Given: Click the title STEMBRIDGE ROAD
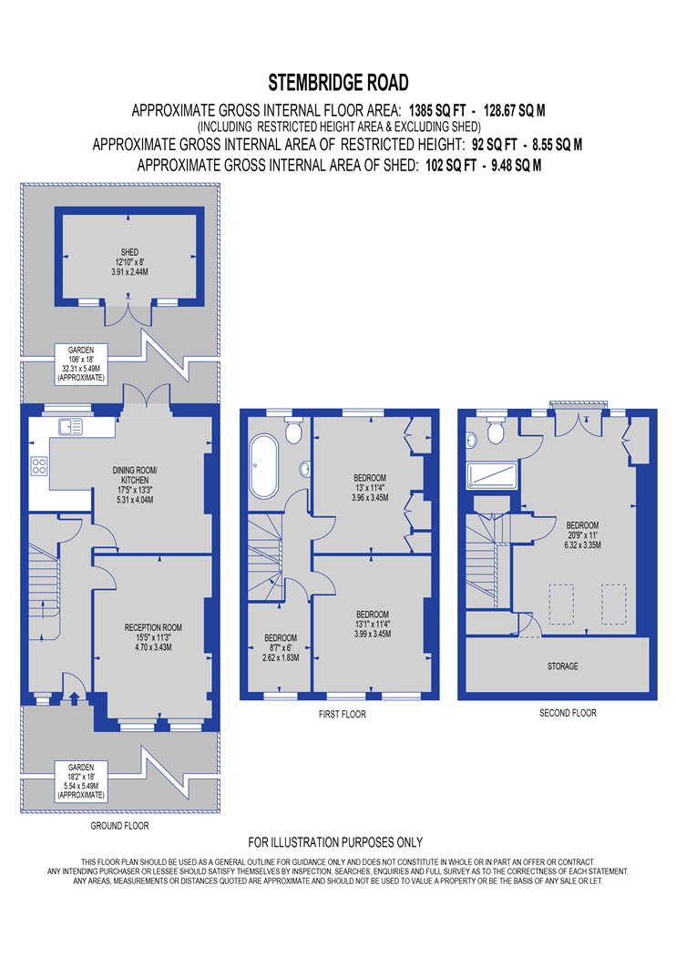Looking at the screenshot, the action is coord(338,82).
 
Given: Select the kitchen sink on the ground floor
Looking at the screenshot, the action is coord(70,427).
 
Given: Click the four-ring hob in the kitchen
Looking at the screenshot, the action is coord(39,466).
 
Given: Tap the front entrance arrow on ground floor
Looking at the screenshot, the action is coord(75,697).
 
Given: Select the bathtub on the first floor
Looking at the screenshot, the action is coord(263,465).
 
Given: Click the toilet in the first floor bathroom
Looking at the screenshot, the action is coord(293,430).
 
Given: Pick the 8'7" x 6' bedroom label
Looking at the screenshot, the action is coord(281,647).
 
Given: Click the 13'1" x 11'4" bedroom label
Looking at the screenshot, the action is coord(373,624).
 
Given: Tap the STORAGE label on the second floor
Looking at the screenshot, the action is coord(562,666).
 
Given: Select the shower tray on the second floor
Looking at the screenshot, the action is coord(492,475).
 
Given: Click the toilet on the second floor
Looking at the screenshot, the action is coord(495,431).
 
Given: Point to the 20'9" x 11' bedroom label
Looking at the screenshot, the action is coord(583,534).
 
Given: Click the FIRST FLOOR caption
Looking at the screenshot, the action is coord(343,714).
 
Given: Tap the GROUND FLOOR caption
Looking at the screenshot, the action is coord(119,826).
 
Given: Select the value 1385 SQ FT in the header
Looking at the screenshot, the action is coord(436,110).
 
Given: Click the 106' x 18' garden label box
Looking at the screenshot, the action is coord(81,364).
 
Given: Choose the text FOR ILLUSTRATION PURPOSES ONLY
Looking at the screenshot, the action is coord(335,842).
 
